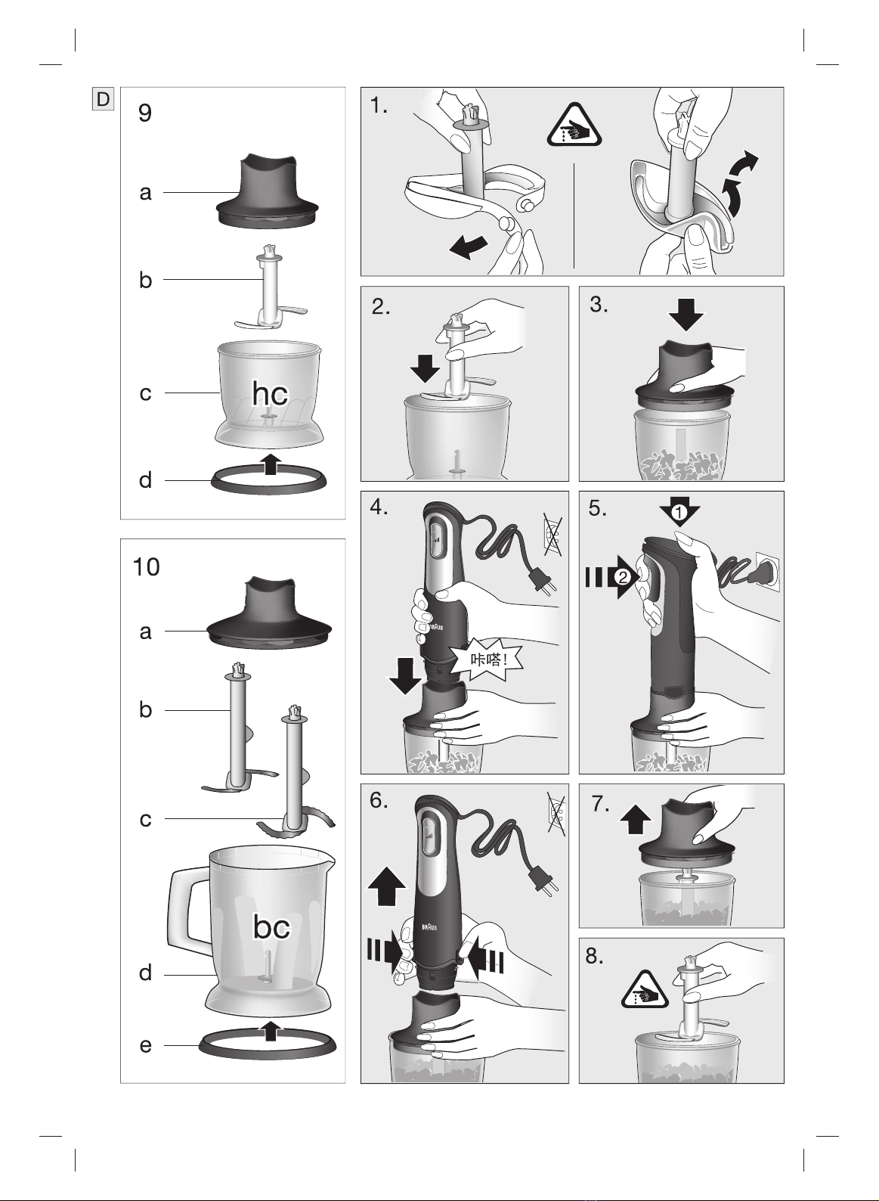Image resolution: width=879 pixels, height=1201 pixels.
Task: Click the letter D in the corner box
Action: pos(104,99)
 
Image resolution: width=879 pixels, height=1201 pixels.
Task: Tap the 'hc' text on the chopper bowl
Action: pos(270,393)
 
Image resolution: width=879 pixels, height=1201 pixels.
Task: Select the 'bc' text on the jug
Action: pos(271,926)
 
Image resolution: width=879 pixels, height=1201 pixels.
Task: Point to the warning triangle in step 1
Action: pos(574,126)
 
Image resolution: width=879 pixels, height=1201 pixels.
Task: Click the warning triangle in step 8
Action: pos(645,990)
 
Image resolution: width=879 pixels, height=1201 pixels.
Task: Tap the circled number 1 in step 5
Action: pos(679,513)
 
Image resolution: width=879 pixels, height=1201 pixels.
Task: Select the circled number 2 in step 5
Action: pos(623,578)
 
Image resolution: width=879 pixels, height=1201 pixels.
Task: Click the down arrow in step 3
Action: pos(686,315)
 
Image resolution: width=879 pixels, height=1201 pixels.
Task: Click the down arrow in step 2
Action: pos(426,368)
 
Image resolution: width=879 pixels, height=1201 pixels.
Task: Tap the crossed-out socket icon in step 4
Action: pos(552,534)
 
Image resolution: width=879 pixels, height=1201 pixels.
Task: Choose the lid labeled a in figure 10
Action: pos(269,614)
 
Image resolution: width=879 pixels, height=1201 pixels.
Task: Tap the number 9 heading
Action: pos(144,113)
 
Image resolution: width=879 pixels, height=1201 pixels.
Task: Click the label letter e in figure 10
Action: pos(146,1045)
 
